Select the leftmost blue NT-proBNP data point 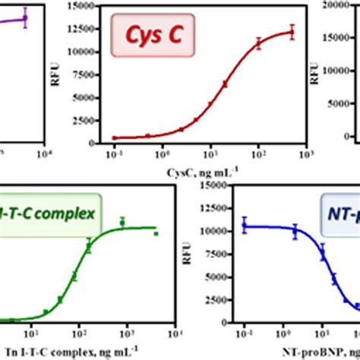pyautogui.click(x=245, y=226)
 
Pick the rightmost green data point pyautogui.click(x=156, y=234)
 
